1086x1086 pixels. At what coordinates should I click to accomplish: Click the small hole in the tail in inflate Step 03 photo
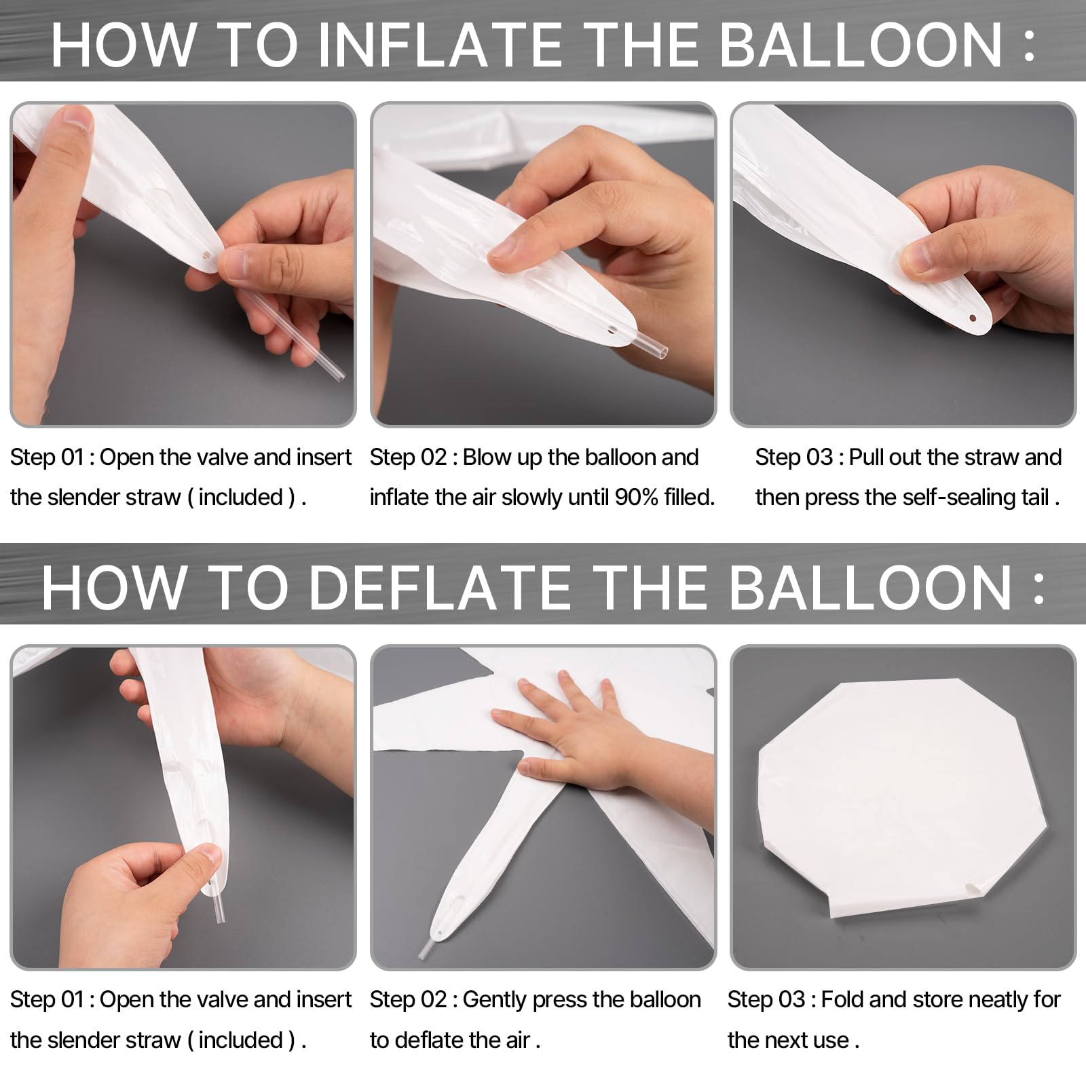pos(973,318)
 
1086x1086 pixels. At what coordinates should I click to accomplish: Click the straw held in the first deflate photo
pos(218,902)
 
